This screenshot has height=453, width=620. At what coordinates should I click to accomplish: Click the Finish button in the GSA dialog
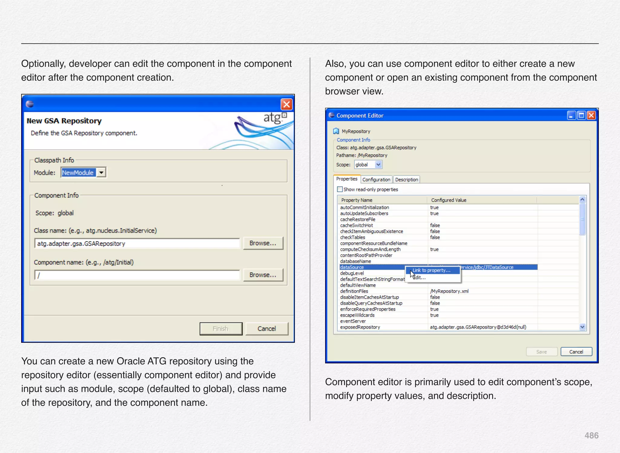click(221, 329)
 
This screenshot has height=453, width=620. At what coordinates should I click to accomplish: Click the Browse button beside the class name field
click(263, 243)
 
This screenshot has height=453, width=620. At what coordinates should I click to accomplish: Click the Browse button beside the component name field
click(263, 275)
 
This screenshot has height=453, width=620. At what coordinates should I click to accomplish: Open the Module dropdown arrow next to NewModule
click(101, 173)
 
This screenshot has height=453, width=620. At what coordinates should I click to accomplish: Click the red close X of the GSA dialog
click(286, 104)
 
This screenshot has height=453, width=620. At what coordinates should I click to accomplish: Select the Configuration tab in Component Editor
click(376, 180)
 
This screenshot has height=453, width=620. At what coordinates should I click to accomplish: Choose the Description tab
click(406, 180)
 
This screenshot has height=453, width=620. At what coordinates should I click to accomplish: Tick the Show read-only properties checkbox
click(340, 189)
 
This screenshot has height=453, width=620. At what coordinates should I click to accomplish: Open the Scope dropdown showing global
click(378, 164)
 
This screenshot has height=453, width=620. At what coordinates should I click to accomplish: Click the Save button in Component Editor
click(541, 352)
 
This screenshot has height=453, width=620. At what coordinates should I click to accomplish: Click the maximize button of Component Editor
click(581, 115)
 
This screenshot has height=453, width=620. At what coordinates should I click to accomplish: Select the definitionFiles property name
click(354, 291)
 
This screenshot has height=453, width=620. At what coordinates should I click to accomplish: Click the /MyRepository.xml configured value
click(449, 291)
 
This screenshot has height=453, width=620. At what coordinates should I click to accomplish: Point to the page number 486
click(591, 435)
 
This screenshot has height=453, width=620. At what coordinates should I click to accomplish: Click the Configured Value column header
click(449, 200)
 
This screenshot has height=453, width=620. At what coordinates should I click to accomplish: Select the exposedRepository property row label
click(360, 327)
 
